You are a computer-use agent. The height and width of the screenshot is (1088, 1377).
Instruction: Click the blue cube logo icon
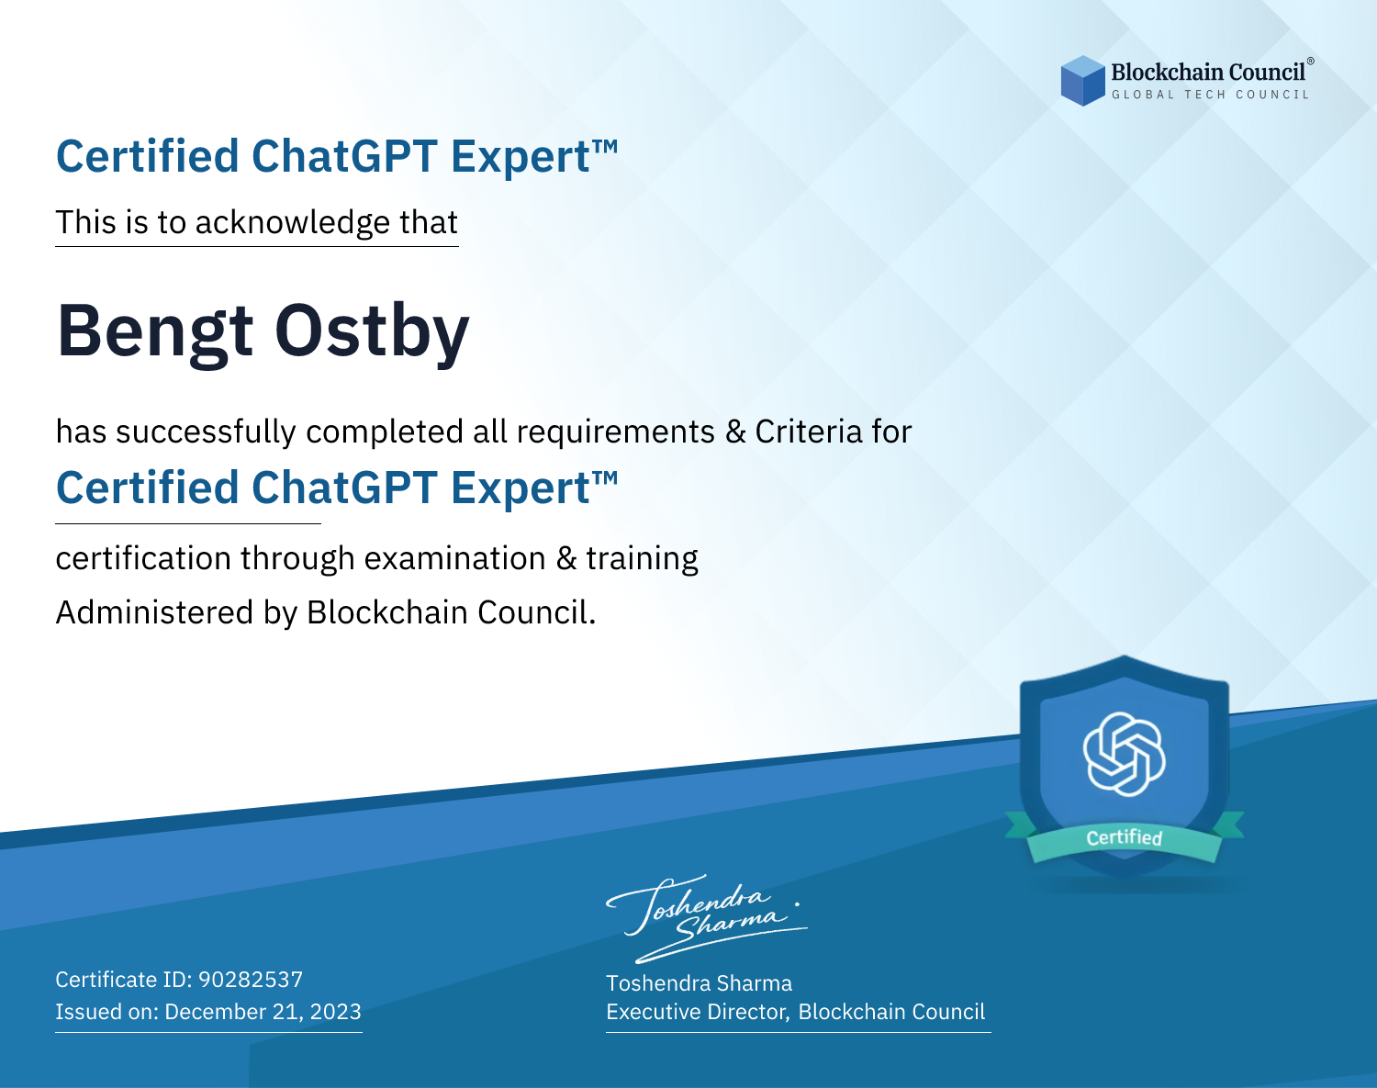click(x=1082, y=81)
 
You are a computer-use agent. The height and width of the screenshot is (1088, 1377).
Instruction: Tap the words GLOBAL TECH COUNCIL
click(x=1211, y=95)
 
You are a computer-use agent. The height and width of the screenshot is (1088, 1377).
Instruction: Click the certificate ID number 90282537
click(x=251, y=979)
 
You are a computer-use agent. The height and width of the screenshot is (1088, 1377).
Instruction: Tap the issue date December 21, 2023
click(x=263, y=1011)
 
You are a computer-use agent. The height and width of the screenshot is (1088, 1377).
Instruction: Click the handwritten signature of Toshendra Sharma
click(x=707, y=918)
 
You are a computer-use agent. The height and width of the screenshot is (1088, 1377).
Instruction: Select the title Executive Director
click(x=696, y=1012)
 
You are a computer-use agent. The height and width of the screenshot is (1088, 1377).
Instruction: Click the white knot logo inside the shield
click(x=1125, y=754)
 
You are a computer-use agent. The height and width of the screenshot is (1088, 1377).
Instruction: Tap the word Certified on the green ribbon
click(x=1125, y=837)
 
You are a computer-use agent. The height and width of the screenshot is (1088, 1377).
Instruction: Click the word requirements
click(x=616, y=432)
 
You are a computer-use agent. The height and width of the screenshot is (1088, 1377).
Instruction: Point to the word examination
click(x=454, y=559)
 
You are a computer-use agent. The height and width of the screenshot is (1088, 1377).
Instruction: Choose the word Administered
click(x=154, y=612)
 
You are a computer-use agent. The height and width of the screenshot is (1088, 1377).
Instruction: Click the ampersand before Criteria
click(x=735, y=432)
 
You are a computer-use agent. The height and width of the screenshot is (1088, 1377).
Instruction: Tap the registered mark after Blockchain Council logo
click(x=1311, y=62)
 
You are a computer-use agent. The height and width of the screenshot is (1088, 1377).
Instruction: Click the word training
click(x=642, y=559)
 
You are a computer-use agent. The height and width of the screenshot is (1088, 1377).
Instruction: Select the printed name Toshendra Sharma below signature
click(x=699, y=983)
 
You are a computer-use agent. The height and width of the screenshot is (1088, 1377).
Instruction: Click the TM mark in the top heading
click(x=605, y=147)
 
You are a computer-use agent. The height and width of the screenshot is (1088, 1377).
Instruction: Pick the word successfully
click(x=206, y=432)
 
